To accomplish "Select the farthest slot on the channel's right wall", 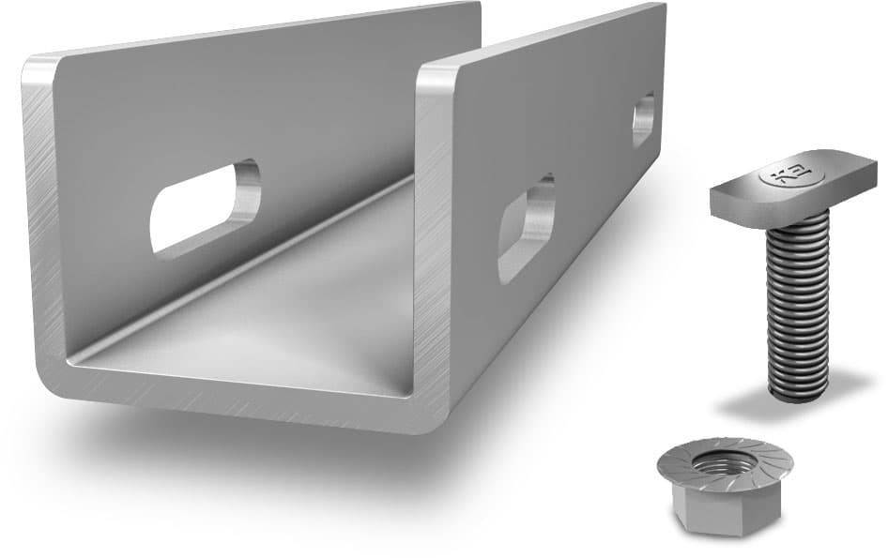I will [643, 118].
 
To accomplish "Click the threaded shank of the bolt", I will [797, 300].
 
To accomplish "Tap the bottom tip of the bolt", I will [797, 395].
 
